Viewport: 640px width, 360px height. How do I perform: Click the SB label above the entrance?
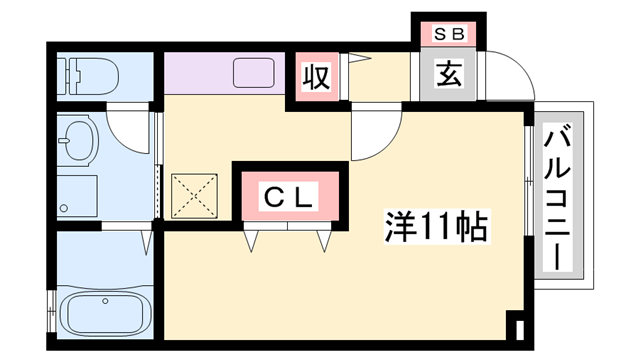click(x=448, y=33)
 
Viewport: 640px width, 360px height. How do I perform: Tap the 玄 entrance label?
click(x=448, y=74)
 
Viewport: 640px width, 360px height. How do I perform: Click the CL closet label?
click(x=290, y=196)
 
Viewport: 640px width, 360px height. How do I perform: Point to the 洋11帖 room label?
click(x=436, y=227)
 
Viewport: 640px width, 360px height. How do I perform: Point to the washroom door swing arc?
click(x=130, y=128)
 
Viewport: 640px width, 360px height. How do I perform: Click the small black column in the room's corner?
click(x=515, y=328)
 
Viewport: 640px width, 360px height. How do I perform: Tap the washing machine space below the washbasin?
click(x=78, y=195)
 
